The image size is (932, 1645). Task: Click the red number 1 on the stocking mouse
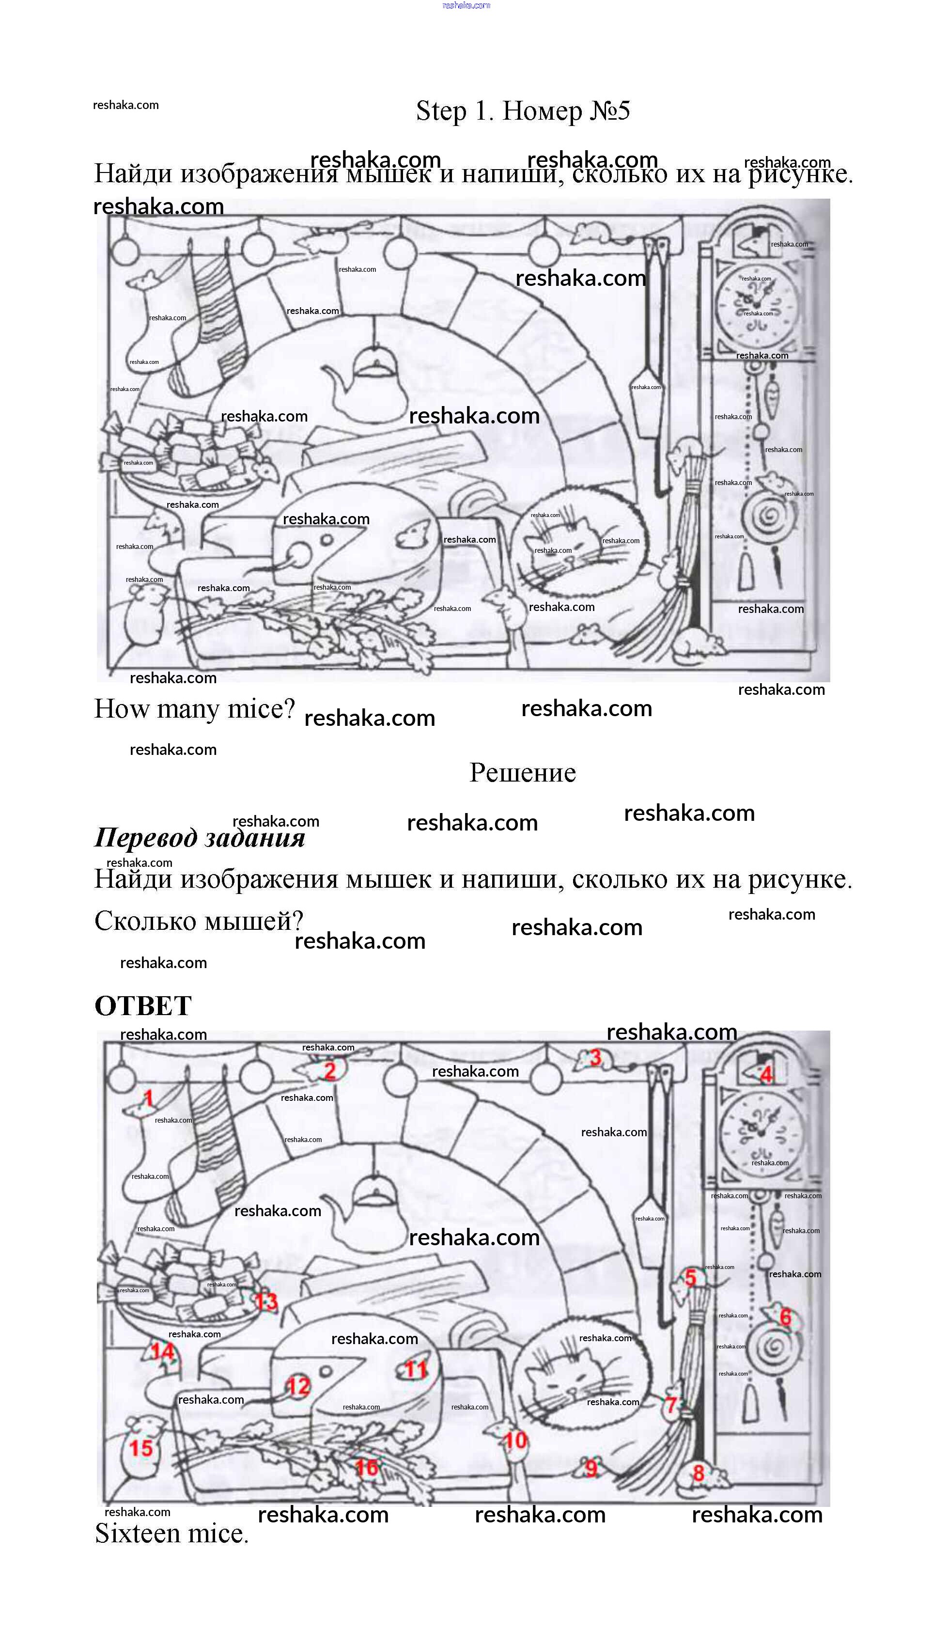click(x=148, y=1098)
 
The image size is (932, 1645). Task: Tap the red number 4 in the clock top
click(x=766, y=1074)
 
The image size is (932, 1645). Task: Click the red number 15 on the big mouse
click(x=141, y=1448)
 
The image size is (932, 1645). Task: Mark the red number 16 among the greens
click(x=367, y=1467)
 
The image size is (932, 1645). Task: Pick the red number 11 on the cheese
click(x=416, y=1370)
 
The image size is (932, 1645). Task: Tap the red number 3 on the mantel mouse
click(x=595, y=1057)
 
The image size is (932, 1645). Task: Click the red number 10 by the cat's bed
click(x=516, y=1440)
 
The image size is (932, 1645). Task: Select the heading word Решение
click(x=522, y=772)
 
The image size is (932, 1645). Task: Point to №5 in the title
click(x=610, y=111)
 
